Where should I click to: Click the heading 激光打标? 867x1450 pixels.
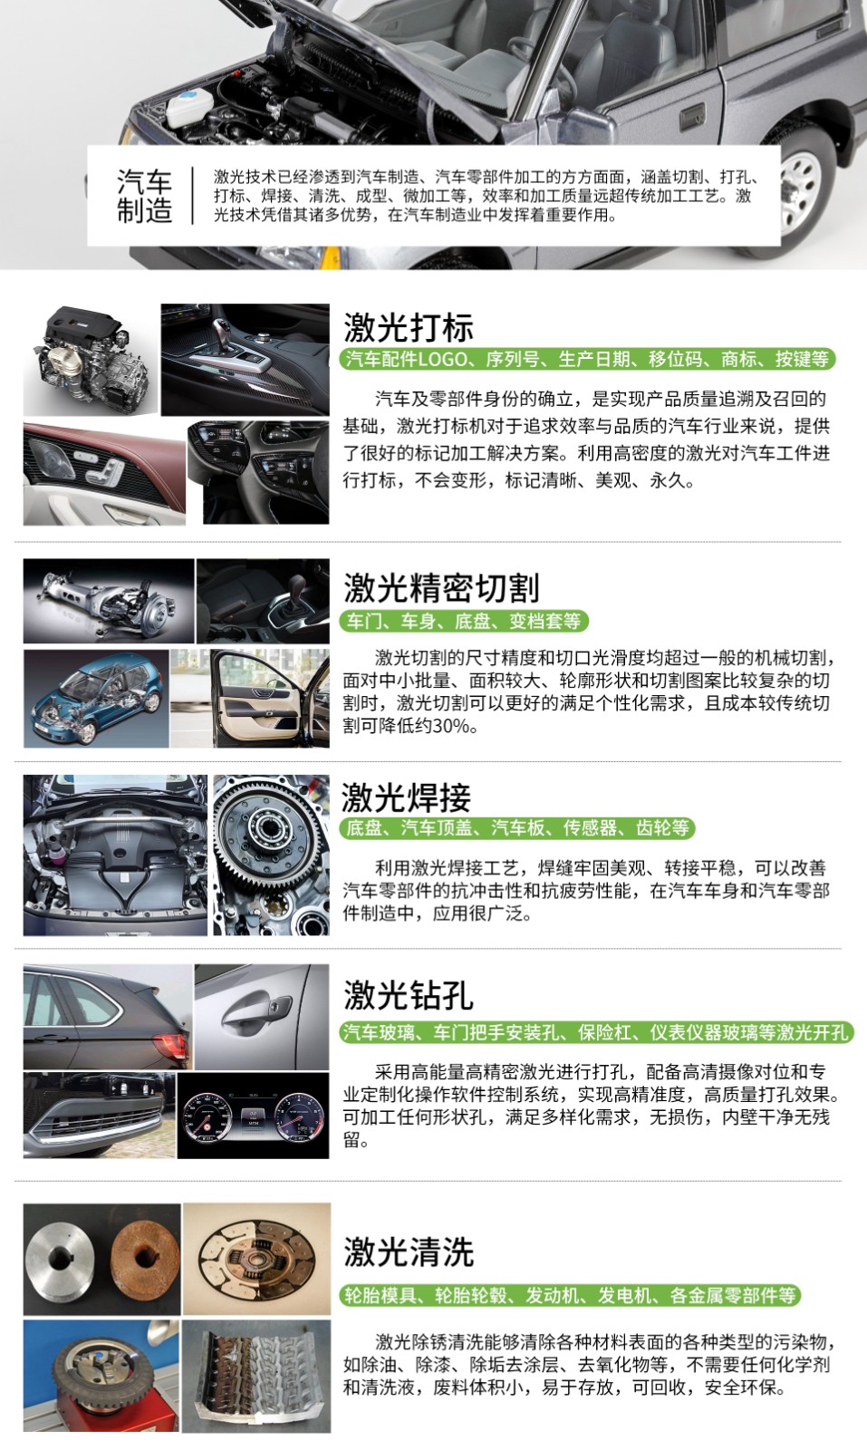coord(409,327)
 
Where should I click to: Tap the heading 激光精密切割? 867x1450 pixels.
coord(441,588)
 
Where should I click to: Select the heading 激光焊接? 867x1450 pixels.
coord(407,797)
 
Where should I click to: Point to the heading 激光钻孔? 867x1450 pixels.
coord(409,995)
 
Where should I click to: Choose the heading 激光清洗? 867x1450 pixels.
coord(409,1252)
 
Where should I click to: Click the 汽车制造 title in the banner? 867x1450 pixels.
coord(144,196)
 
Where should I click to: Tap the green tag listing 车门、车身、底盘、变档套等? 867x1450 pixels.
coord(464,622)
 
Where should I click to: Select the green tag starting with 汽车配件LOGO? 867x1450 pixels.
coord(587,359)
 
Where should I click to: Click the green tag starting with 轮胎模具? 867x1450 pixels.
coord(570,1295)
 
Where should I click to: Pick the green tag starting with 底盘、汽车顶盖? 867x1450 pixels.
coord(517,828)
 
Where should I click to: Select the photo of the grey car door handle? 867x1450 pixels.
coord(262,1016)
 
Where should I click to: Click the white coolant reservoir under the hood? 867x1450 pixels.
coord(190,108)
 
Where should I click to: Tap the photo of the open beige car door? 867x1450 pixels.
coord(250,699)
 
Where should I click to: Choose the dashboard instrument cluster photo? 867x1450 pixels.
coord(253,1116)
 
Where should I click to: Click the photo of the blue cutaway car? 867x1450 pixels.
coord(96,699)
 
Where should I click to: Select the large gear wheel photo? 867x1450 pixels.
coord(271,855)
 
